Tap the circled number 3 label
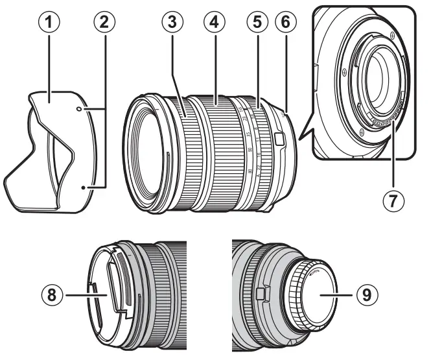click(171, 22)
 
